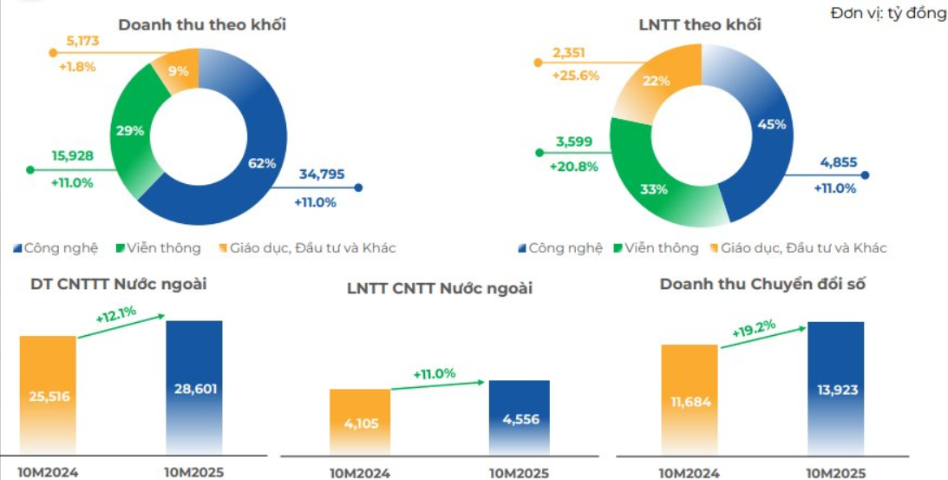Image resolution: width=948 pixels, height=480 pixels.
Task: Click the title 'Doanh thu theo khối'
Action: pyautogui.click(x=202, y=24)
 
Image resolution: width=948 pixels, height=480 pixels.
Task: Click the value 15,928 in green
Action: pyautogui.click(x=72, y=156)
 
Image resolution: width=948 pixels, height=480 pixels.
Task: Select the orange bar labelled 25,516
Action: pyautogui.click(x=48, y=396)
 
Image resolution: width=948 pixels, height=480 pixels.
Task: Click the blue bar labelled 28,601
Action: pyautogui.click(x=193, y=387)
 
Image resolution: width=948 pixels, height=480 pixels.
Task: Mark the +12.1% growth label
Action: pyautogui.click(x=115, y=316)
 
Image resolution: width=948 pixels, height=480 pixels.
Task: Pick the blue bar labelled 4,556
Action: pyautogui.click(x=518, y=418)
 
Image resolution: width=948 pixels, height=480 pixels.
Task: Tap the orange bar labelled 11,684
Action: pyautogui.click(x=689, y=400)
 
